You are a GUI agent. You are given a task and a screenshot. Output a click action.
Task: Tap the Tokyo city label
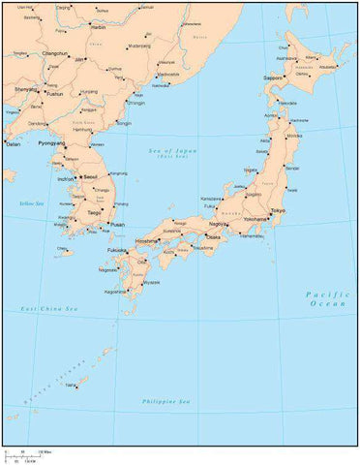[x=278, y=210]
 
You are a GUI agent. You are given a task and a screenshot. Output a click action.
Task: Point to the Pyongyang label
[x=51, y=142]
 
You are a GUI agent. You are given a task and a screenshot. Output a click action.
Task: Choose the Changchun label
[x=54, y=54]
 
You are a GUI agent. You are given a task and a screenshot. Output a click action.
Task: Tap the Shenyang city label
[x=27, y=88]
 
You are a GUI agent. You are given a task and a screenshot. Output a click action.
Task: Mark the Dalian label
[x=13, y=143]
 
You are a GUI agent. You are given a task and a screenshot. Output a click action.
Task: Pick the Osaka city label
[x=214, y=236]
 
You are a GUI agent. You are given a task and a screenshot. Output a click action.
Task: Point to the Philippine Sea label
[x=165, y=401]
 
